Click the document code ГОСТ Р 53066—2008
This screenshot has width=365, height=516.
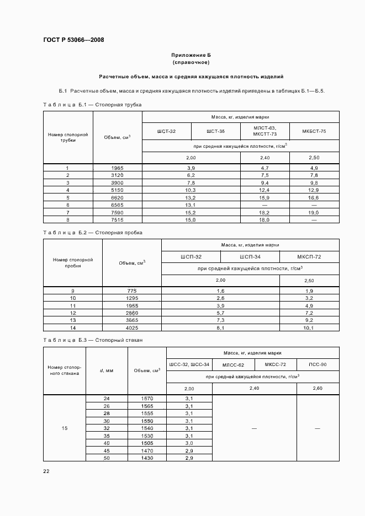pyautogui.click(x=73, y=40)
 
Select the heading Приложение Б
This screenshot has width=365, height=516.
pyautogui.click(x=191, y=56)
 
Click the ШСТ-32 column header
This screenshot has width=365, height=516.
pyautogui.click(x=166, y=131)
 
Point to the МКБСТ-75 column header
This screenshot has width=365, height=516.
pyautogui.click(x=314, y=131)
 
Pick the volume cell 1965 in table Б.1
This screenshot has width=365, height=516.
pyautogui.click(x=117, y=168)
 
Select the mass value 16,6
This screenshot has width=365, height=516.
pyautogui.click(x=314, y=197)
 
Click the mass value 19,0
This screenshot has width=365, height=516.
pyautogui.click(x=314, y=212)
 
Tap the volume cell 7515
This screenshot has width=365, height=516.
pyautogui.click(x=117, y=219)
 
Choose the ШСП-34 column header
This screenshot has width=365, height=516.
pyautogui.click(x=250, y=256)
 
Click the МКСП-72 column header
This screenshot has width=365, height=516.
pyautogui.click(x=309, y=256)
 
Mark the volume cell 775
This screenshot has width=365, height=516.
pyautogui.click(x=131, y=291)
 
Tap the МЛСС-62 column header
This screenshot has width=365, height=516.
pyautogui.click(x=232, y=364)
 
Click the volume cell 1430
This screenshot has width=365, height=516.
pyautogui.click(x=146, y=458)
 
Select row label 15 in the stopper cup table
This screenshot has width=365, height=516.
pyautogui.click(x=65, y=428)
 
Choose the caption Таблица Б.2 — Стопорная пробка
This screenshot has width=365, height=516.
pyautogui.click(x=93, y=233)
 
